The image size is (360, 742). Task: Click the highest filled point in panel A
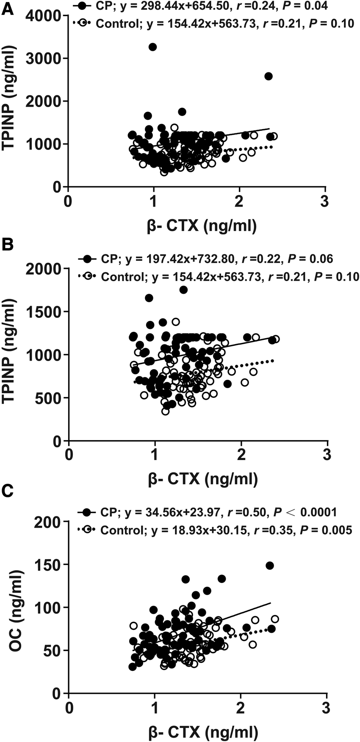pos(152,47)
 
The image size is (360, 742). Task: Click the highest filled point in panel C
pos(269,565)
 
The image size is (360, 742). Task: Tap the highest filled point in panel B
pos(183,290)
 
